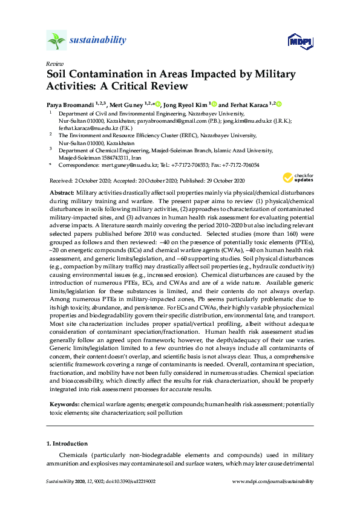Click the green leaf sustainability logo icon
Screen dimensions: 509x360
[x=56, y=41]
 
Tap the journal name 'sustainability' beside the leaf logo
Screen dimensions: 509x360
[x=98, y=41]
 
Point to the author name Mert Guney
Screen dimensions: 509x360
[x=127, y=104]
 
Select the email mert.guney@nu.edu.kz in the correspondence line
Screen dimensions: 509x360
[x=129, y=164]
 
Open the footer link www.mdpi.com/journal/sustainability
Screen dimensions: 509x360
[x=273, y=481]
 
